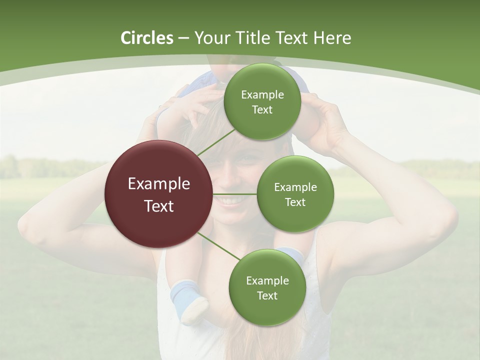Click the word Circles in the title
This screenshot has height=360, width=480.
click(146, 38)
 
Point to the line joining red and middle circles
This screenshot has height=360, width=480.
click(235, 194)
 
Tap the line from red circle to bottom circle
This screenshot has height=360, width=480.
click(218, 246)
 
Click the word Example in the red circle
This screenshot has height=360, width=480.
click(159, 184)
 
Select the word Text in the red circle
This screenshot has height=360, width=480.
click(159, 206)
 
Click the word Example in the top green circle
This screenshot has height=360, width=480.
click(262, 94)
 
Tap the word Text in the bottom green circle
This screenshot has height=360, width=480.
click(267, 295)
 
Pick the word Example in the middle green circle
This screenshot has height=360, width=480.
click(295, 187)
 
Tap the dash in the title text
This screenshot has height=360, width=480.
click(183, 38)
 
